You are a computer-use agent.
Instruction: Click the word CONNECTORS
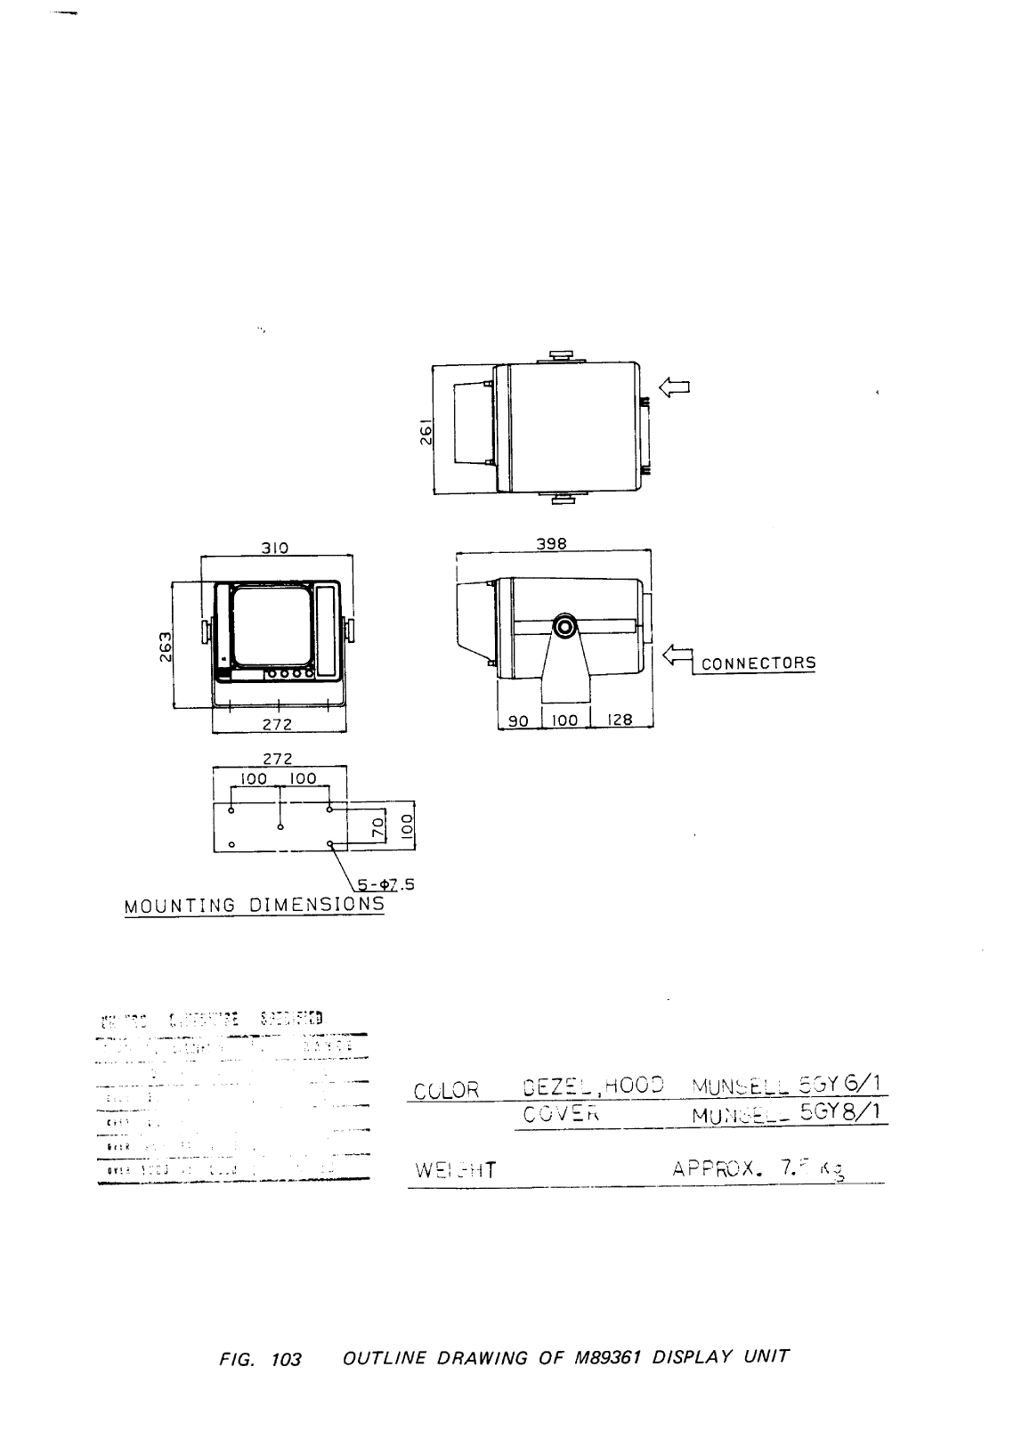click(758, 663)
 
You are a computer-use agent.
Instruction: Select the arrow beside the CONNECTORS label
click(677, 656)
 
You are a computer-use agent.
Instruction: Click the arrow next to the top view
click(674, 386)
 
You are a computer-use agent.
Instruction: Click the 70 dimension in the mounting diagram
click(377, 826)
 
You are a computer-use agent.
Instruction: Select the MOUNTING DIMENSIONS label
click(255, 906)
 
